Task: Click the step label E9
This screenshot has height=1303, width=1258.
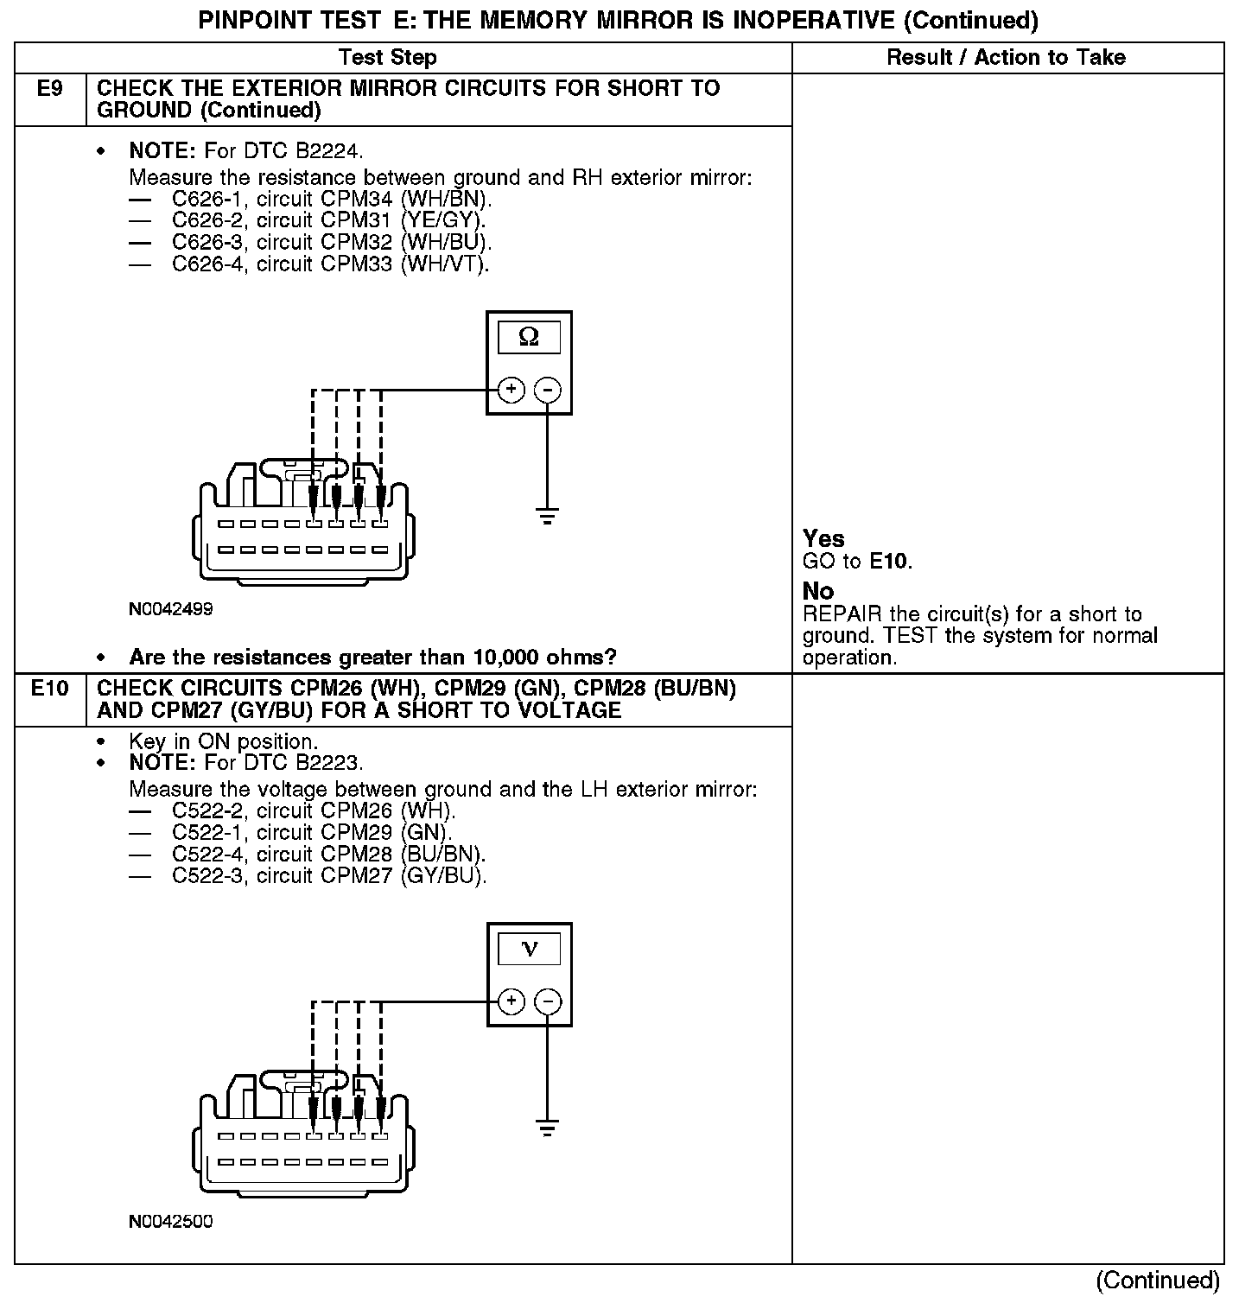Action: pos(50,88)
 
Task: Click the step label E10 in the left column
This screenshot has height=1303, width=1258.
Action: pos(50,689)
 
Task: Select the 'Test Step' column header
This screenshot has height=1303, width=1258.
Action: pos(387,58)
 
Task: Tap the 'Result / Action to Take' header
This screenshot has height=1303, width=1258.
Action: pos(1006,58)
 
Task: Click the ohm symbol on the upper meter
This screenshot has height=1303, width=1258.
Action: pos(529,337)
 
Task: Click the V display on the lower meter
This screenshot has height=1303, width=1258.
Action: pos(530,950)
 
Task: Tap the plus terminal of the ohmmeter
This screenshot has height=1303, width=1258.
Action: pos(511,390)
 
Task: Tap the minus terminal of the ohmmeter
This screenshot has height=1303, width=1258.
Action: pos(547,390)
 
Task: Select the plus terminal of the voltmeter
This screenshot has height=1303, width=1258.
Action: pos(511,1001)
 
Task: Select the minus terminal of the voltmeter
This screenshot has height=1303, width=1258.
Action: pos(548,1001)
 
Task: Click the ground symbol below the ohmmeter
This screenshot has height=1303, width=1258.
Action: pos(547,517)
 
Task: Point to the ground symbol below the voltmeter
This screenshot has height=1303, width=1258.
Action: pos(547,1128)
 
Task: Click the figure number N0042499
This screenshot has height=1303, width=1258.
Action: pos(171,609)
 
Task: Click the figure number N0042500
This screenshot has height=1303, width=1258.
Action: pos(171,1222)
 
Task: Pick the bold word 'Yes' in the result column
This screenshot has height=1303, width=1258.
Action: pos(823,538)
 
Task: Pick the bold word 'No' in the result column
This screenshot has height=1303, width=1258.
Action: pos(818,591)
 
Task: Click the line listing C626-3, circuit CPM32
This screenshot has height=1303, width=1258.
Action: pos(332,243)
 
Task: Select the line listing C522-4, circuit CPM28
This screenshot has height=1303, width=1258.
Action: pos(328,855)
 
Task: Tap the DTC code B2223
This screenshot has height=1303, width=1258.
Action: pos(329,763)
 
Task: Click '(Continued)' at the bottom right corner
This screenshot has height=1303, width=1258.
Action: pos(1158,1280)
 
